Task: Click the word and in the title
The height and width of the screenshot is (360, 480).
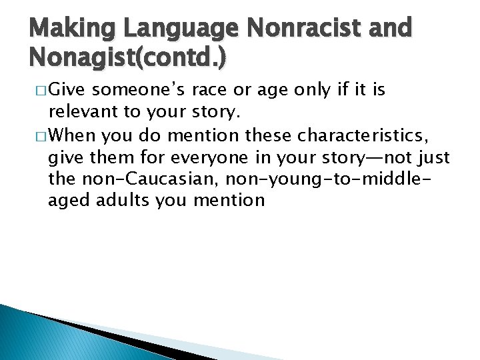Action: tap(391, 29)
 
